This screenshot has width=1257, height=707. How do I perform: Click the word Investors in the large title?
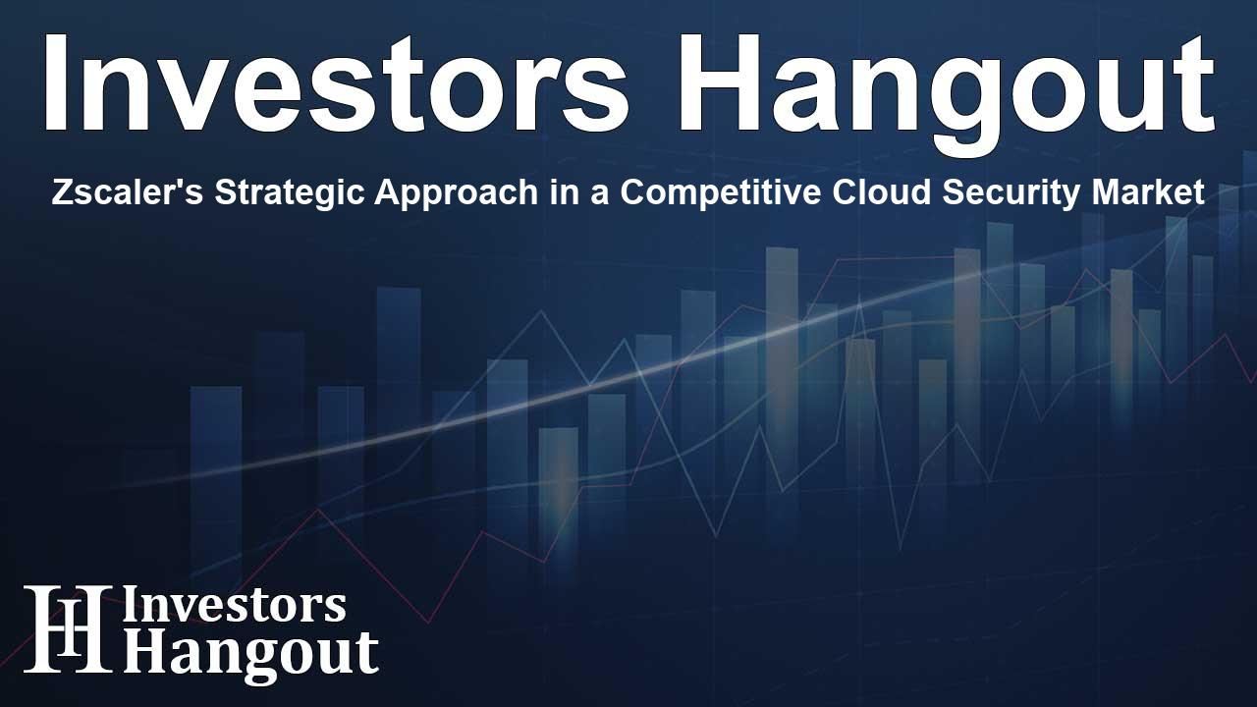[x=334, y=84]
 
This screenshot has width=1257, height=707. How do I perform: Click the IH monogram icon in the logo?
[x=67, y=629]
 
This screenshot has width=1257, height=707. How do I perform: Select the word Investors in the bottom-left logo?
[x=234, y=606]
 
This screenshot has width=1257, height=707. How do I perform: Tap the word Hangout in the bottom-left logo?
[x=250, y=653]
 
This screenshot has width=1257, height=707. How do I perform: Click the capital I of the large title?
[x=55, y=84]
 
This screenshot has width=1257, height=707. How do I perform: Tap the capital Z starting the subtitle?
[x=60, y=193]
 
